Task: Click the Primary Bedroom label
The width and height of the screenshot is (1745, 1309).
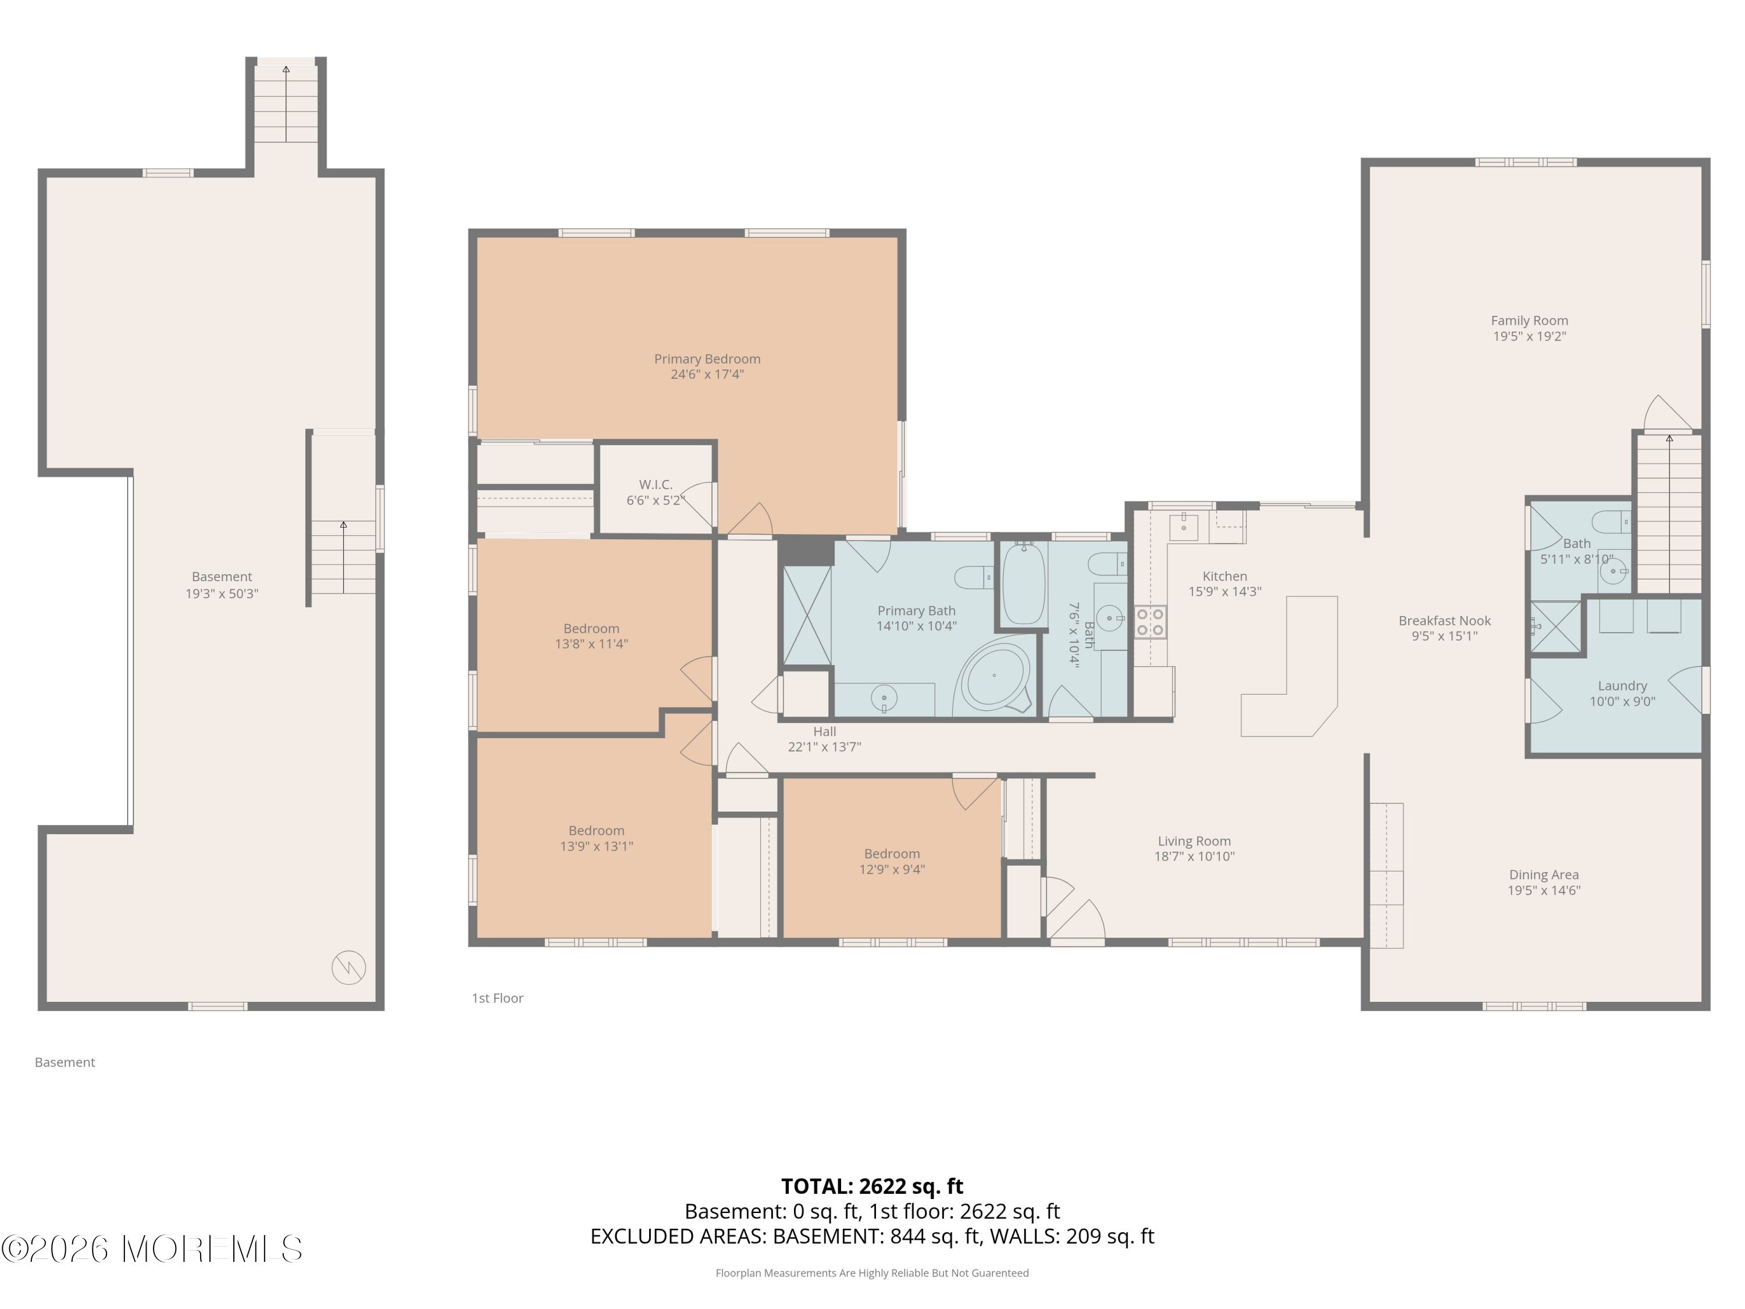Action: coord(707,359)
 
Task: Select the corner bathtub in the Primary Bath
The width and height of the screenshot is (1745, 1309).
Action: coord(995,676)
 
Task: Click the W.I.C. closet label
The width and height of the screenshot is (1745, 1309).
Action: coord(656,485)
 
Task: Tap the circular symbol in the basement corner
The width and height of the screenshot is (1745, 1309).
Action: coord(348,967)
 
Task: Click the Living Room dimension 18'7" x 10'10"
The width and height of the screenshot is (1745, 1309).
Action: coord(1194,856)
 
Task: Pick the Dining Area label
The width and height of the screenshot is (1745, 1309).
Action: coord(1544,874)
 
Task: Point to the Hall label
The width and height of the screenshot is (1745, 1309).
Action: coord(824,731)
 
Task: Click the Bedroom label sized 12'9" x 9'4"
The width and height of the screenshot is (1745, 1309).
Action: coord(892,853)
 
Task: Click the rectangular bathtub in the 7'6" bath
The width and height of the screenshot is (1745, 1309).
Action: coord(1023,584)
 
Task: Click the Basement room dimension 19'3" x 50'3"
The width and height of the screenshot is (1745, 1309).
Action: coord(222,593)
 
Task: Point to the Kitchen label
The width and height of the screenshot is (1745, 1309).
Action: coord(1224,576)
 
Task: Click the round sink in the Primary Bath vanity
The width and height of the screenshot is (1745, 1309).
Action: coord(884,698)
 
